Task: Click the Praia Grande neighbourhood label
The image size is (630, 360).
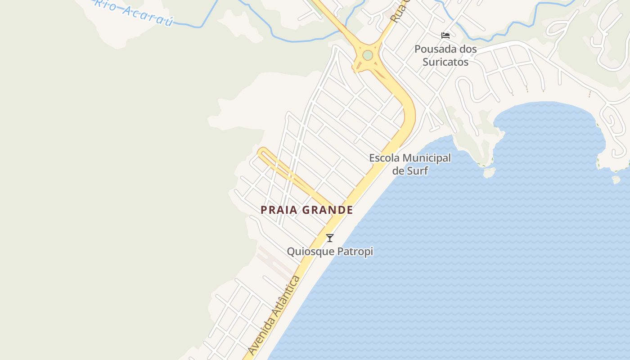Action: (307, 210)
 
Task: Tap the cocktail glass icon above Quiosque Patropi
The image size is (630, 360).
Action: (330, 238)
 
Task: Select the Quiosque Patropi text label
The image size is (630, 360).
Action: (330, 251)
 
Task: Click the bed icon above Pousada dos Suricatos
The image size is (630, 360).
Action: (445, 36)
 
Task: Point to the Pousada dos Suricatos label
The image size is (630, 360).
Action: (445, 55)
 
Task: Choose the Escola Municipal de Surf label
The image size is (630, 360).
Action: (410, 164)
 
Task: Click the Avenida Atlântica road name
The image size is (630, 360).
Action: (274, 315)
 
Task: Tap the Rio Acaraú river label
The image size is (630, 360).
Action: (134, 12)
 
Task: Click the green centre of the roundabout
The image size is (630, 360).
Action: (368, 55)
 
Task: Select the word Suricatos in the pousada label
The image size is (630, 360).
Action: (445, 62)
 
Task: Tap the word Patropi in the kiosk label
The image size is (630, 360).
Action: (356, 251)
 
